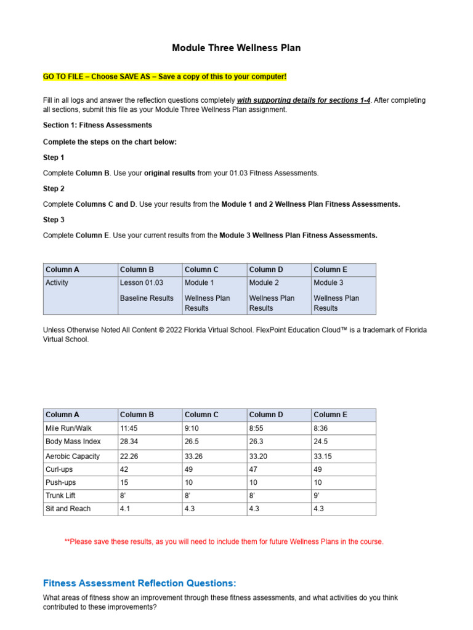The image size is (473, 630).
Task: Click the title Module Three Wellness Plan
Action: (x=236, y=48)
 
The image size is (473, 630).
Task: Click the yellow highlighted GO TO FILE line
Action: (x=164, y=76)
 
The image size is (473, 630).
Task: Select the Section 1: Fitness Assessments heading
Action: (x=97, y=125)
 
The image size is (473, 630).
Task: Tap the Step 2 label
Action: (x=54, y=188)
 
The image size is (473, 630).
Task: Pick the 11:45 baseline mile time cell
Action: (x=129, y=428)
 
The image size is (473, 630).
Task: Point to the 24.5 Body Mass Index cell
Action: (x=321, y=442)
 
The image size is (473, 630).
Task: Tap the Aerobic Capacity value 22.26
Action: (x=131, y=457)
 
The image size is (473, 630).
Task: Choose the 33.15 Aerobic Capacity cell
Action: (x=323, y=457)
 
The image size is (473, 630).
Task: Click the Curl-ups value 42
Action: (x=124, y=469)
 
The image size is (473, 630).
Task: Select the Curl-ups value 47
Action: (x=254, y=469)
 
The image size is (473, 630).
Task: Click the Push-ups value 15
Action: (x=124, y=483)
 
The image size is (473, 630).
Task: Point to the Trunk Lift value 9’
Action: (x=317, y=495)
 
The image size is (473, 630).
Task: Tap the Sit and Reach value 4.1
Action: (x=126, y=509)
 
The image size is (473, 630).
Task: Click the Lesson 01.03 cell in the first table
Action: (x=142, y=283)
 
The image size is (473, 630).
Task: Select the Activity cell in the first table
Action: (x=57, y=283)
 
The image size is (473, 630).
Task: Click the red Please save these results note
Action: (x=224, y=541)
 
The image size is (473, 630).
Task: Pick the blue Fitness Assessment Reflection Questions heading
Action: (x=139, y=583)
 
